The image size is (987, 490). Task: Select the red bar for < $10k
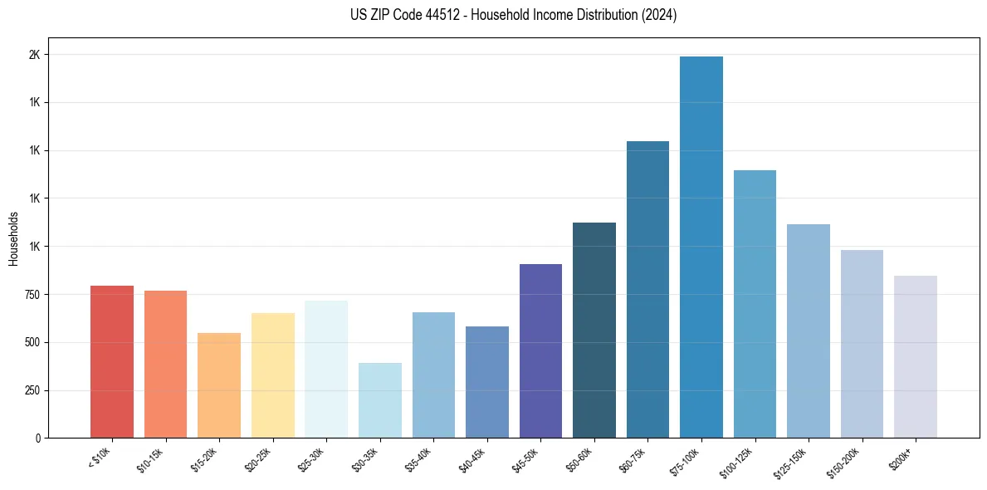[112, 361]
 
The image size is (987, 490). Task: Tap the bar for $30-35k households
[379, 400]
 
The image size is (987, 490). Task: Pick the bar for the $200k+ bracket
[915, 356]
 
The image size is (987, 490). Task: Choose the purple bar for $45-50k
[540, 350]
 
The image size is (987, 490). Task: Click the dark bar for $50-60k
[594, 330]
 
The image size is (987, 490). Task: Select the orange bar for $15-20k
[219, 385]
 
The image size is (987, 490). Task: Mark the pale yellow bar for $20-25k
[272, 375]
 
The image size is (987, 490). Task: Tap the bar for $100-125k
[755, 304]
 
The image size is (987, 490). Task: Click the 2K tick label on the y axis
[34, 55]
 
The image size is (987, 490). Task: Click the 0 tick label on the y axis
[37, 439]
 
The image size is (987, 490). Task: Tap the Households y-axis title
[14, 238]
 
